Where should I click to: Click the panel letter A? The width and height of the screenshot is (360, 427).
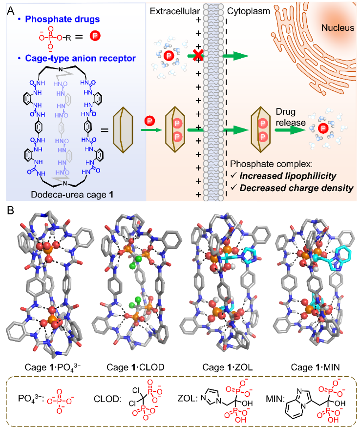pyautogui.click(x=11, y=10)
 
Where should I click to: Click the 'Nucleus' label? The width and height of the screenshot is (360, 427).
pyautogui.click(x=338, y=28)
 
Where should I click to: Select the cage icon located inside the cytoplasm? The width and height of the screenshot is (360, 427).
pyautogui.click(x=263, y=130)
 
